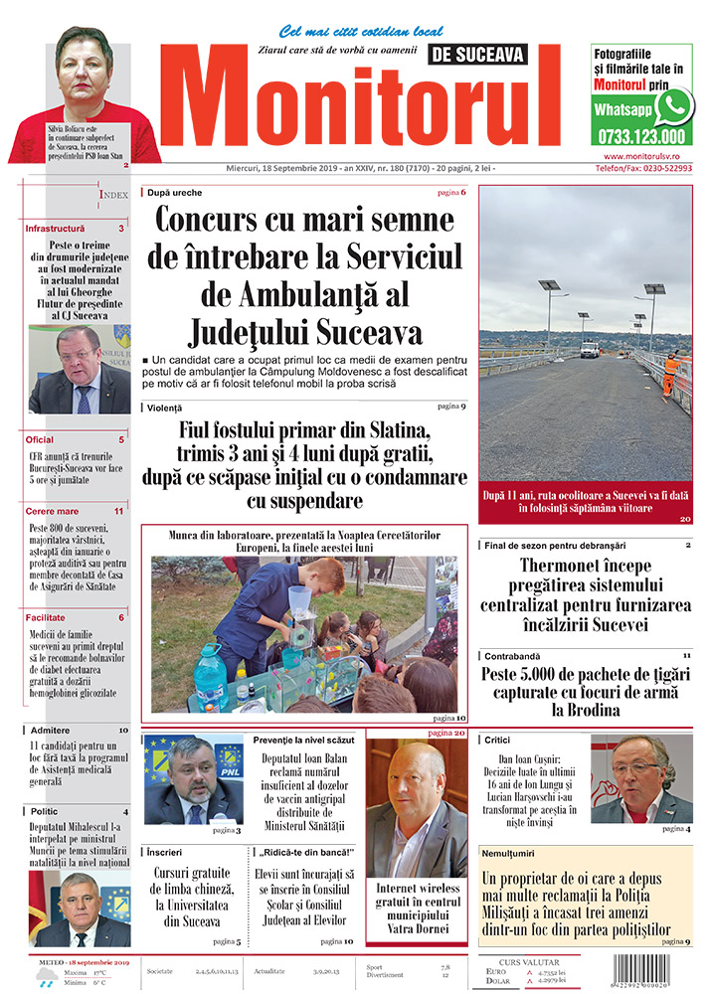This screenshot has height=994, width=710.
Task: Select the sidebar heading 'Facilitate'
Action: click(x=48, y=617)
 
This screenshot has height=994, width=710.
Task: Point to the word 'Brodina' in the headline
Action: click(x=585, y=710)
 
